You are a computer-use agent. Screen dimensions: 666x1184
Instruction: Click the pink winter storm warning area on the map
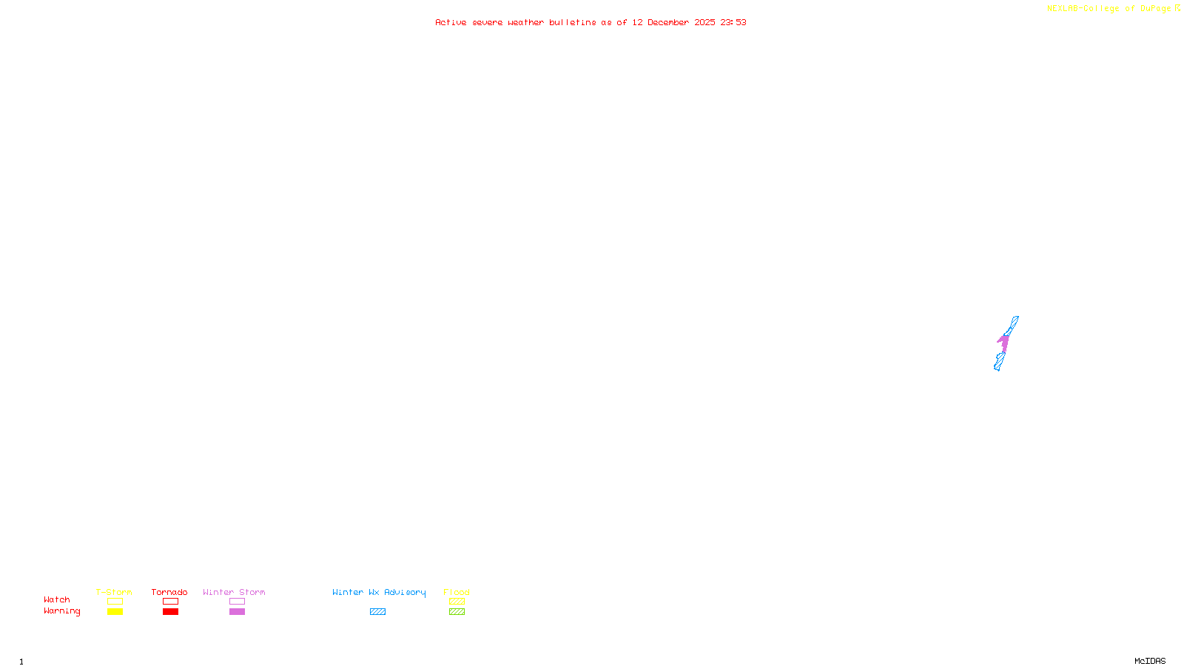(x=1004, y=343)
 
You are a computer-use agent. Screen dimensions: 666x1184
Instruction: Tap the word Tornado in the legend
(x=169, y=592)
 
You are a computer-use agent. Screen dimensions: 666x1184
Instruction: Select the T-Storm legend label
(x=114, y=592)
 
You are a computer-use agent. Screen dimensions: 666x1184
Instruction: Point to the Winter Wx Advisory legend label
(x=379, y=592)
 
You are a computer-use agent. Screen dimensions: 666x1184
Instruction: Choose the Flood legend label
(x=457, y=592)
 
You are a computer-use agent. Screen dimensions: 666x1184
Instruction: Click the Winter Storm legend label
(x=234, y=592)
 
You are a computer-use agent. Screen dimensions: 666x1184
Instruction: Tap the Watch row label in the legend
(x=57, y=599)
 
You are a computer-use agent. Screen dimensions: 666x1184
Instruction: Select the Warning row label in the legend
(x=62, y=611)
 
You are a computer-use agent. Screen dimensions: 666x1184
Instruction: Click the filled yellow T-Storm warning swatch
(x=115, y=612)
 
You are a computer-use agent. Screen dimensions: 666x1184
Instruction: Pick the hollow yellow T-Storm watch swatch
(x=115, y=602)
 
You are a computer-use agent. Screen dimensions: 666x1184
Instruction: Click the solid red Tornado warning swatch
(x=171, y=612)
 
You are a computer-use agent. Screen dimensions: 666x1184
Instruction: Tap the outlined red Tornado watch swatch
(x=171, y=602)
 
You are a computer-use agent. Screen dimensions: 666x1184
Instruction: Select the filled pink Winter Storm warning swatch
(x=237, y=612)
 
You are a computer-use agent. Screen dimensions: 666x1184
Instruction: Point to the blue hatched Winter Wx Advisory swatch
(x=377, y=612)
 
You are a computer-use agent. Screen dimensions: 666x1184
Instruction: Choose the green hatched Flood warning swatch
(x=457, y=612)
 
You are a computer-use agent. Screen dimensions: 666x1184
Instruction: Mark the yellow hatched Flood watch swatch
(x=457, y=602)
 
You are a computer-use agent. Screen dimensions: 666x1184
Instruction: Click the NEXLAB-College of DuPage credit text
(x=1109, y=9)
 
